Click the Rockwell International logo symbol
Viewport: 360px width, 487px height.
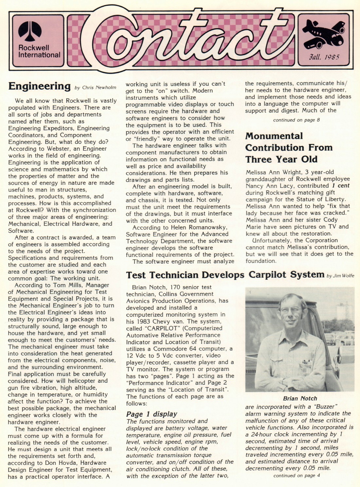click(x=30, y=31)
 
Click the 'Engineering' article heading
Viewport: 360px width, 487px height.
click(x=39, y=86)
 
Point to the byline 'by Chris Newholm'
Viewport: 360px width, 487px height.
click(x=95, y=88)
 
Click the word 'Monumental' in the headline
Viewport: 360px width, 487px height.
click(x=274, y=136)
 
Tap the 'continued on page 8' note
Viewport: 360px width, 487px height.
click(x=297, y=120)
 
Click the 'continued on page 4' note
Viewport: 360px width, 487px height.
click(x=297, y=475)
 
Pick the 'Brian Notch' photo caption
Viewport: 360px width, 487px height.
click(x=300, y=398)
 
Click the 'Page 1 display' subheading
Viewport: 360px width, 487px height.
click(x=152, y=414)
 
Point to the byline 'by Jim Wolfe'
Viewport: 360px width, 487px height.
click(x=340, y=276)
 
